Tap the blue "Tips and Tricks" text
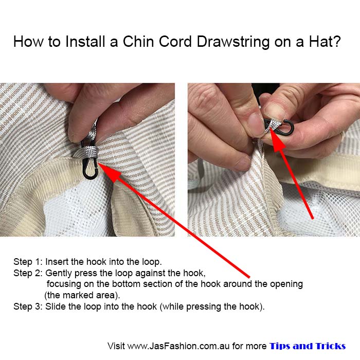(x=307, y=346)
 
